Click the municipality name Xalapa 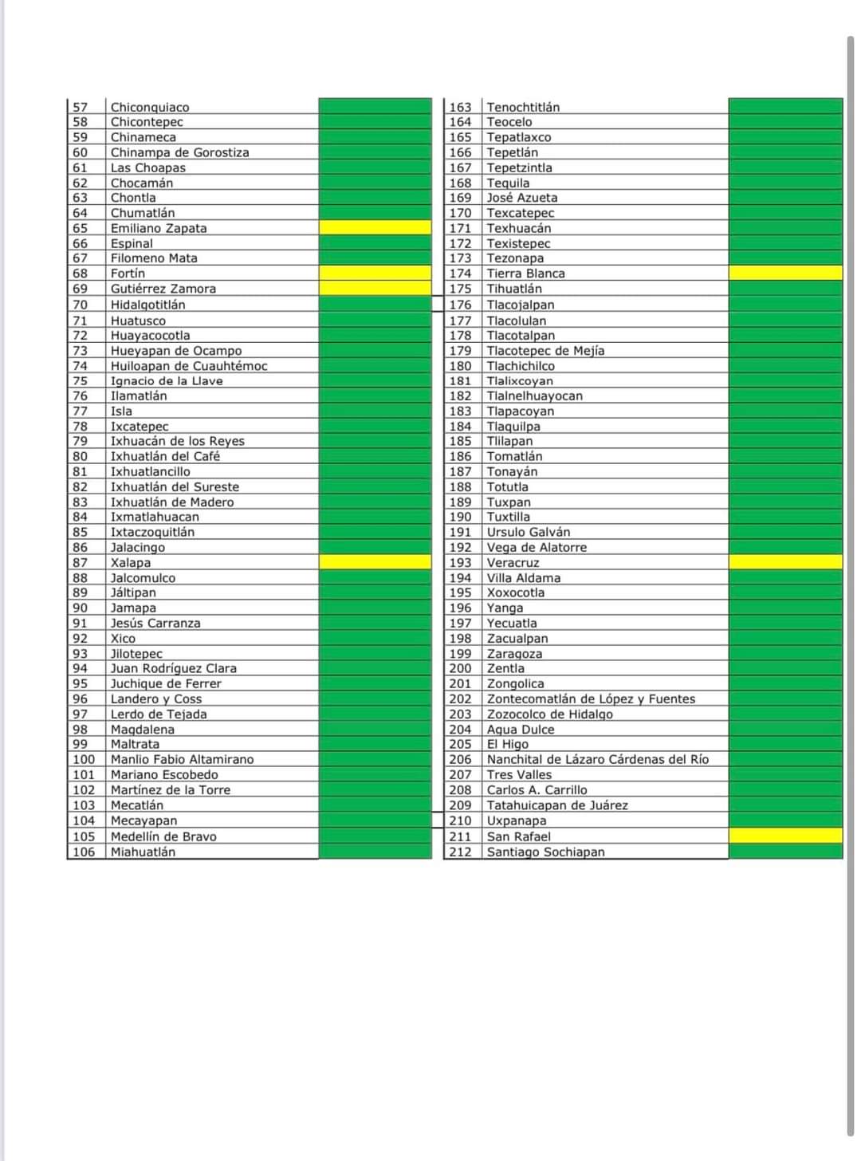(131, 563)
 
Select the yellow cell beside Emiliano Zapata (375, 228)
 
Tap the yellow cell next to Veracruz (785, 563)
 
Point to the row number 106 (84, 852)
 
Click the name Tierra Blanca (525, 274)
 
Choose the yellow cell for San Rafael (785, 836)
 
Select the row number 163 (460, 107)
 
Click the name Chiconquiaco (150, 107)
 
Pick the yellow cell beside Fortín (375, 274)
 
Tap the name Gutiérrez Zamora (163, 289)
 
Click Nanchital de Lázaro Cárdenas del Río (597, 760)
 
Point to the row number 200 (460, 668)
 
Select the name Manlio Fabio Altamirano (182, 760)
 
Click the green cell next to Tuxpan (785, 502)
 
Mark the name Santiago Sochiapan (545, 852)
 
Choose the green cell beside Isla (375, 411)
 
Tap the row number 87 (81, 563)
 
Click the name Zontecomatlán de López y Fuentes (591, 699)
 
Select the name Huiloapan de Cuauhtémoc (189, 366)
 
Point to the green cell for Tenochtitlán (785, 107)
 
